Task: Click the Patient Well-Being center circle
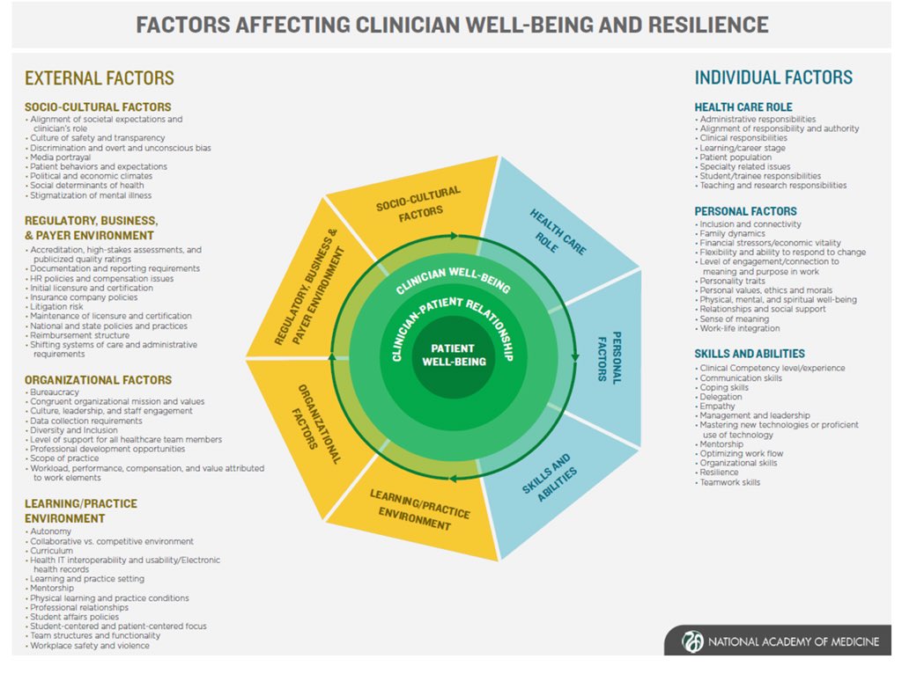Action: (453, 355)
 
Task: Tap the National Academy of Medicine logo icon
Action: (692, 641)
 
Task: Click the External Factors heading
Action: (100, 78)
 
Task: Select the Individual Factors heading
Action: (773, 77)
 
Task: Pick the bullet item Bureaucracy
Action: (55, 392)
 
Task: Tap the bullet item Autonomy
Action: (50, 531)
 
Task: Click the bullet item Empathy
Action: (718, 407)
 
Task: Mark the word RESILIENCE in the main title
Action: (704, 24)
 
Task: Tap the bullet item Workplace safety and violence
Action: (90, 645)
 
